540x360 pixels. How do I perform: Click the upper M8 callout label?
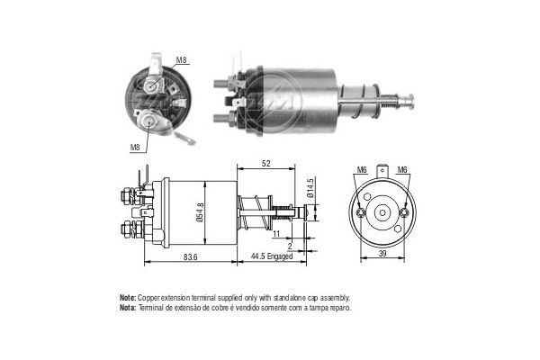point(181,60)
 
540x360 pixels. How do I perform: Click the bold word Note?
point(127,297)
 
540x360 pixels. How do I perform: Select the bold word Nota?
point(127,307)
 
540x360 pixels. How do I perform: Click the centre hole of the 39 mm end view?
point(382,212)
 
